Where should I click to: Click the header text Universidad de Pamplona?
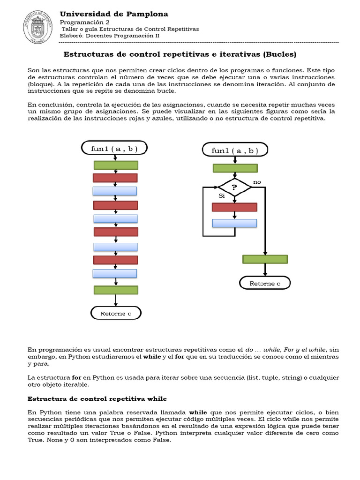(114, 14)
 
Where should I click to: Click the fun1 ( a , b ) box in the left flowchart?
(115, 149)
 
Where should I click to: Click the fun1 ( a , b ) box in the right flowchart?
(235, 150)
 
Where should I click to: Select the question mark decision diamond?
(235, 187)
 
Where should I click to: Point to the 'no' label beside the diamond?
(257, 181)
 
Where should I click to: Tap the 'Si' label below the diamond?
(222, 195)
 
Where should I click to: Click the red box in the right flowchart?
(234, 207)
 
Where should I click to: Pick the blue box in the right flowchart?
(234, 223)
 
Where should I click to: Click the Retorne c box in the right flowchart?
(265, 283)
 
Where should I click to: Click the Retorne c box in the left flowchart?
(115, 313)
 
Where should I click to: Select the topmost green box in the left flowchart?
(116, 165)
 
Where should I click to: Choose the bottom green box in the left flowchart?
(116, 290)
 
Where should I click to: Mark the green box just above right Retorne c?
(265, 259)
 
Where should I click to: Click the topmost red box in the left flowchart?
(115, 178)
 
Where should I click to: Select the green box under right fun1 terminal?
(235, 168)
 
